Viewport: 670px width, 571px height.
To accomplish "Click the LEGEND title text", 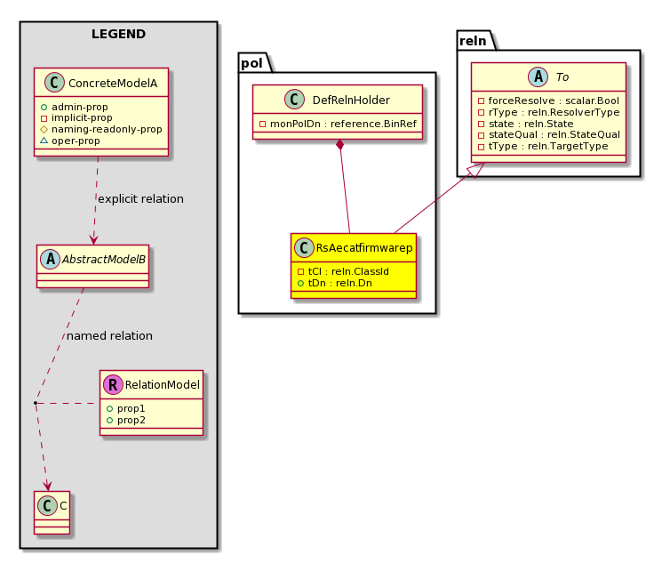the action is pos(118,34).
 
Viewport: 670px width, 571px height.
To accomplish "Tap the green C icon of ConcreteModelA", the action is pos(55,83).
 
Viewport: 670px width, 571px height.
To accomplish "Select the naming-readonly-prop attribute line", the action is pos(101,129).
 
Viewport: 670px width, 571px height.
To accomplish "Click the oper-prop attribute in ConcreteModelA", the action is pos(70,141).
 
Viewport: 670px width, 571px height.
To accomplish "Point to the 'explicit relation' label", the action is pos(140,199).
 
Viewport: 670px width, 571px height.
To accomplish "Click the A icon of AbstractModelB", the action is pos(51,259).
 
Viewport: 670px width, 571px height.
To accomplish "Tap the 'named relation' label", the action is pos(109,336).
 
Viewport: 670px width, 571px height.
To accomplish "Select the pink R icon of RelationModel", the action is pos(113,384).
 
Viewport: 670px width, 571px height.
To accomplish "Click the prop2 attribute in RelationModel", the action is pos(126,420).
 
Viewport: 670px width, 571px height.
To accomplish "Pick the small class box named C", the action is pos(52,512).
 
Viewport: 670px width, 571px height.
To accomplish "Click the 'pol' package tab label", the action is pos(251,63).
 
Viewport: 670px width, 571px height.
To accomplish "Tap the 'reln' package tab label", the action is pos(473,41).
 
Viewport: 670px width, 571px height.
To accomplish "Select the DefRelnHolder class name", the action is pos(351,101).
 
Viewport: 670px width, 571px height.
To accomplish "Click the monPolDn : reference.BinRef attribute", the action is pos(338,124).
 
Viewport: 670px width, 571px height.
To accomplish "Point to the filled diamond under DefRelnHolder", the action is pos(340,145).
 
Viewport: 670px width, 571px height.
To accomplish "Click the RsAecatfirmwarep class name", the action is pos(364,247).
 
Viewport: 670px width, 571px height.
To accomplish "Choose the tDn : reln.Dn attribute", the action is pos(335,283).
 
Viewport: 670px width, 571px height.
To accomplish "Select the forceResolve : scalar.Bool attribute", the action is pos(548,101).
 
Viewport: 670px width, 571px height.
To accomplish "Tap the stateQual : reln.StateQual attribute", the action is pos(549,134).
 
